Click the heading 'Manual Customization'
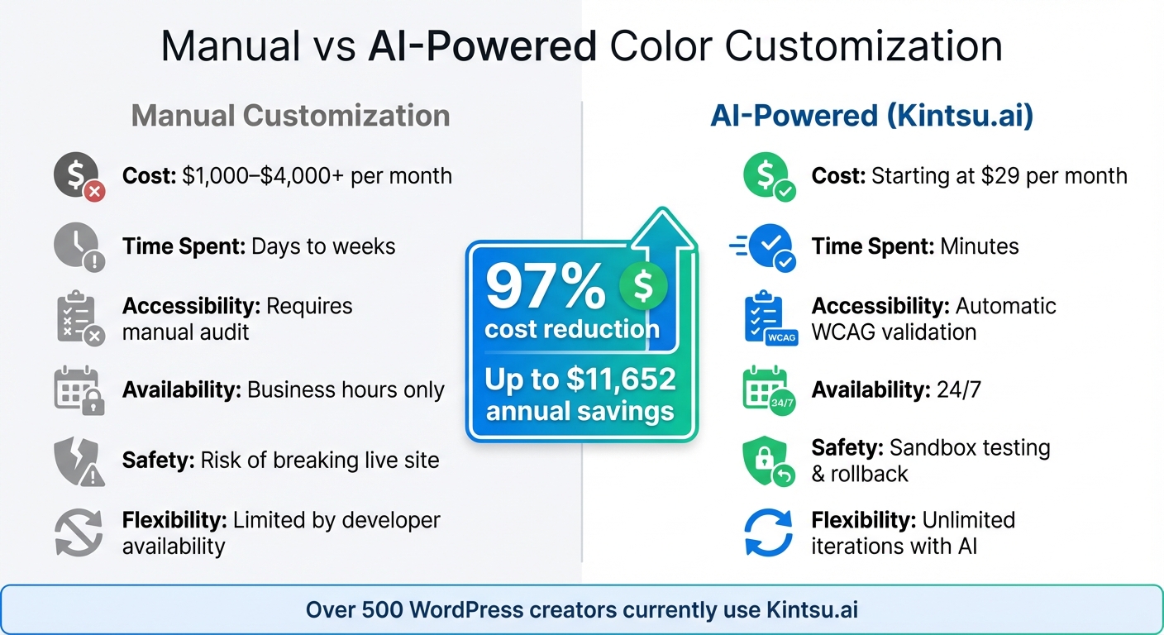click(x=290, y=116)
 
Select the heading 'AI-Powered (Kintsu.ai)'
click(x=871, y=116)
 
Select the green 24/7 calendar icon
click(x=767, y=389)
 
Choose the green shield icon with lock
click(x=767, y=461)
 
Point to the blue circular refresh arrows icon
click(x=768, y=532)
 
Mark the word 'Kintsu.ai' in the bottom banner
click(x=812, y=610)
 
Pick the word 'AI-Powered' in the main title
click(x=482, y=47)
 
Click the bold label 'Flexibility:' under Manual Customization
click(x=174, y=520)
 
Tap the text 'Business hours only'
click(x=346, y=389)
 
